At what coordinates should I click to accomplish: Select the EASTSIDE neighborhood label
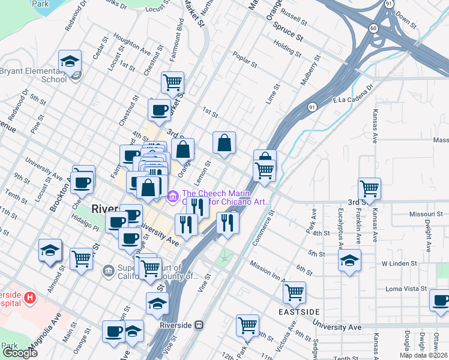299,313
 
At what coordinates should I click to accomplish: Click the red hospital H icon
30,296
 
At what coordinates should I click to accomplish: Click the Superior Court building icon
108,271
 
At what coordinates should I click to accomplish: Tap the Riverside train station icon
200,325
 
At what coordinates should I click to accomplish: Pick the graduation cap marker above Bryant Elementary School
70,61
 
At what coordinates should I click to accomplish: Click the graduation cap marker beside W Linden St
349,260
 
